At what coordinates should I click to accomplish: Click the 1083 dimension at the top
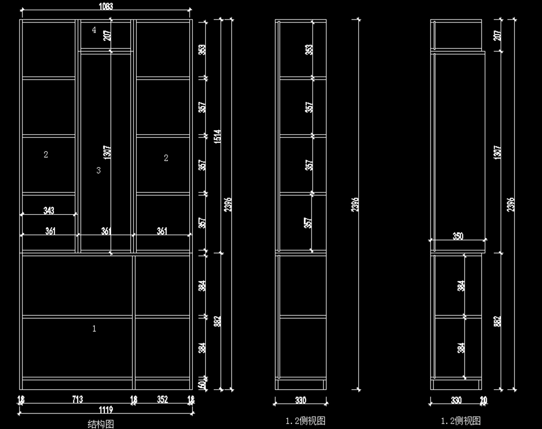(x=106, y=6)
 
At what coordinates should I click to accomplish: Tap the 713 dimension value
(x=77, y=399)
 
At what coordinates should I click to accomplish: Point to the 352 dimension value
(x=163, y=399)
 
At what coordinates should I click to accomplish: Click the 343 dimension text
(x=49, y=210)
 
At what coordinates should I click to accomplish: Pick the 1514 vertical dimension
(x=217, y=136)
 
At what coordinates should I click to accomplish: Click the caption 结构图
(x=101, y=424)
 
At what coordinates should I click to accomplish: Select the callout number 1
(x=94, y=329)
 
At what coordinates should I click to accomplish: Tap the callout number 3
(x=98, y=170)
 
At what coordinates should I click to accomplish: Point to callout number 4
(x=94, y=30)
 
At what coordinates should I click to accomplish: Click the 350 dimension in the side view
(x=458, y=236)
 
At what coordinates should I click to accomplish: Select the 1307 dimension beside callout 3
(x=107, y=152)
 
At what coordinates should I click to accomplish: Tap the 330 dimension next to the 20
(x=456, y=400)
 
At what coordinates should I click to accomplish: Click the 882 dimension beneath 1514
(x=217, y=321)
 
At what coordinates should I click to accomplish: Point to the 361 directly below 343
(x=50, y=231)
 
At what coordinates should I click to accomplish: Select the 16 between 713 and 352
(x=134, y=399)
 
